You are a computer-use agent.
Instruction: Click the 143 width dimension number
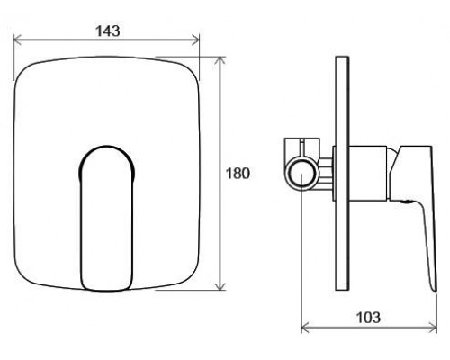click(x=108, y=31)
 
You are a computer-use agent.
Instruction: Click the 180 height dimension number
click(x=238, y=174)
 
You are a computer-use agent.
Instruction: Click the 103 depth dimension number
click(x=368, y=317)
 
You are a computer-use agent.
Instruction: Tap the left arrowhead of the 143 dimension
click(x=17, y=40)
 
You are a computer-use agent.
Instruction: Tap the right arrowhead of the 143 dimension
click(x=195, y=40)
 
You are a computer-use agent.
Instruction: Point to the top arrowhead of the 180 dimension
click(x=220, y=60)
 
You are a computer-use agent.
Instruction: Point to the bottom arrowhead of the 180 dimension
click(x=220, y=286)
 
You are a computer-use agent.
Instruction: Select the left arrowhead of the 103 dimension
click(x=305, y=328)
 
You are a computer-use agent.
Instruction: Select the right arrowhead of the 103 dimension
click(x=433, y=328)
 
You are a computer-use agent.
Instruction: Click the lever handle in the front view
click(x=106, y=219)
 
